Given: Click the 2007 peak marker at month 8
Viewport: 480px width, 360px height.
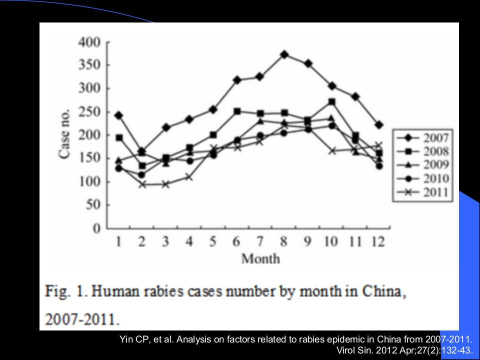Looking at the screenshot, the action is [284, 55].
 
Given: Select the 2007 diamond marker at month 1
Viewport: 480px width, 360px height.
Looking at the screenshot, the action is [119, 115].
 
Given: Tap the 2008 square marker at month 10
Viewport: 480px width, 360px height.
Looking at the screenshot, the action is [332, 101].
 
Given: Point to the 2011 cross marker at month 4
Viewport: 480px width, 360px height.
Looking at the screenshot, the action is [189, 177].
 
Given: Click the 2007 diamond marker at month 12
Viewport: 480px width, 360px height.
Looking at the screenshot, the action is [379, 125].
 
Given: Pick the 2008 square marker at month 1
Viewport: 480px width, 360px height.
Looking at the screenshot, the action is [119, 138].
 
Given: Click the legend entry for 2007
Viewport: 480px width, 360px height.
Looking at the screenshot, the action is [423, 138].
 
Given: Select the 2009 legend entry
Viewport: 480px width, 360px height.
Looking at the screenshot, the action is [423, 165].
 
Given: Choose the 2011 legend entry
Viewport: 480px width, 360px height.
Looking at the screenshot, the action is [423, 192].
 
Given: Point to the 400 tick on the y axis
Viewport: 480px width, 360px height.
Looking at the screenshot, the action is [89, 42].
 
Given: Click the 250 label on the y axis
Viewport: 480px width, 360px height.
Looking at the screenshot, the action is [89, 111].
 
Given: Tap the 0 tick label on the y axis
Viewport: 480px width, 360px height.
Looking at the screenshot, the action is [96, 228].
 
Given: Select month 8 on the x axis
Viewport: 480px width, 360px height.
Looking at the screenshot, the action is [284, 241].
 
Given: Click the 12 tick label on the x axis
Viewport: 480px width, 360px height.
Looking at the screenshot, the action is [378, 241].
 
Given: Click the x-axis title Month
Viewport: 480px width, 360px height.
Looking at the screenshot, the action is [260, 258].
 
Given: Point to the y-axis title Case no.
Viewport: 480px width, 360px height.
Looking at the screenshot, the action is [64, 134].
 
